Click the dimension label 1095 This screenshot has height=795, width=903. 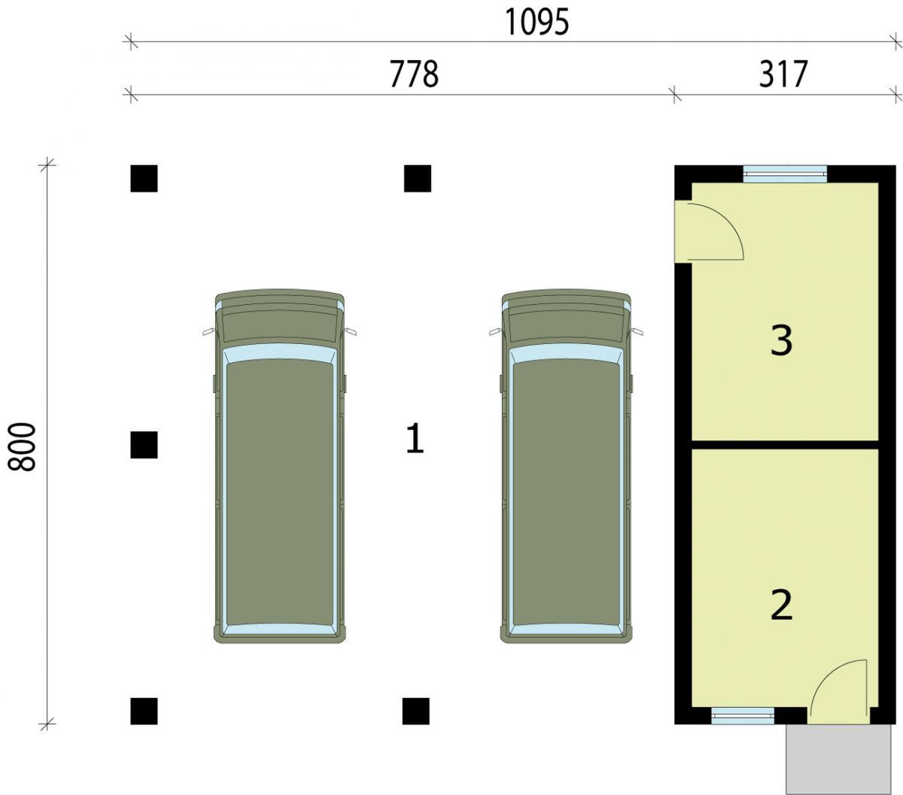click(x=537, y=23)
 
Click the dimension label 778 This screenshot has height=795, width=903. click(x=414, y=75)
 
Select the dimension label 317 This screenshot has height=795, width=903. click(x=783, y=75)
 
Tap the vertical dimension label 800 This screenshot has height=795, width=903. click(x=21, y=446)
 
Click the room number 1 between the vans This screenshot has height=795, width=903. click(x=415, y=439)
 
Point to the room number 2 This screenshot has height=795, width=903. click(x=782, y=605)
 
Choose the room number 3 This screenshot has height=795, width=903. click(x=782, y=340)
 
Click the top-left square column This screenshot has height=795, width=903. click(x=144, y=178)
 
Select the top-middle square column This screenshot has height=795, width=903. click(x=418, y=178)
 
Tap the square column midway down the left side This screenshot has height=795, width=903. click(x=144, y=444)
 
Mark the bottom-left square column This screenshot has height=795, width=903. click(x=144, y=711)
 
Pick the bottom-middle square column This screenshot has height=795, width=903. click(x=416, y=711)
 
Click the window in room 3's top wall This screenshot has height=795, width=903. click(x=785, y=174)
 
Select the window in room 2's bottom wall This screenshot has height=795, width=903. click(x=743, y=716)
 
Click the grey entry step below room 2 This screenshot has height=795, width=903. click(x=838, y=760)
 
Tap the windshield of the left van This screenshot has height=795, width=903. click(x=279, y=353)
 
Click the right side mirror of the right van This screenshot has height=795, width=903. click(x=637, y=331)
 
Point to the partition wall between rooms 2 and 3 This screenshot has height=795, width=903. click(x=785, y=444)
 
